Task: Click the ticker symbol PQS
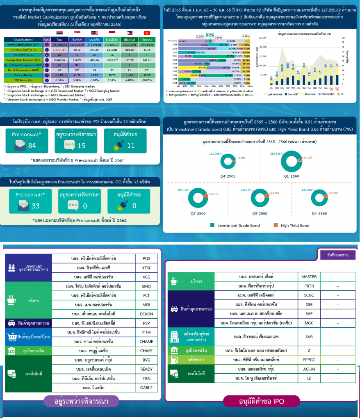pos(146,259)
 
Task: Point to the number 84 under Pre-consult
pos(32,146)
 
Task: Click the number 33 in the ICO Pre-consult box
pos(36,206)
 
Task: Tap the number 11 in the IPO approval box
pos(130,146)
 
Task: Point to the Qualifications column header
pos(23,40)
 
